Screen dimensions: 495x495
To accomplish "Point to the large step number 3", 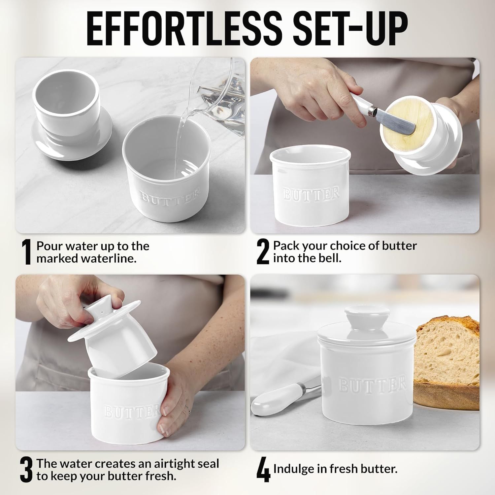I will click(x=26, y=470).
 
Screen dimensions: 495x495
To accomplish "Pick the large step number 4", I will click(x=263, y=470).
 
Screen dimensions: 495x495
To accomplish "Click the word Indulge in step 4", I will click(x=294, y=469).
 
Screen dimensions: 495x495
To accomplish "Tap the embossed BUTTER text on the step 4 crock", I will click(x=372, y=385).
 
